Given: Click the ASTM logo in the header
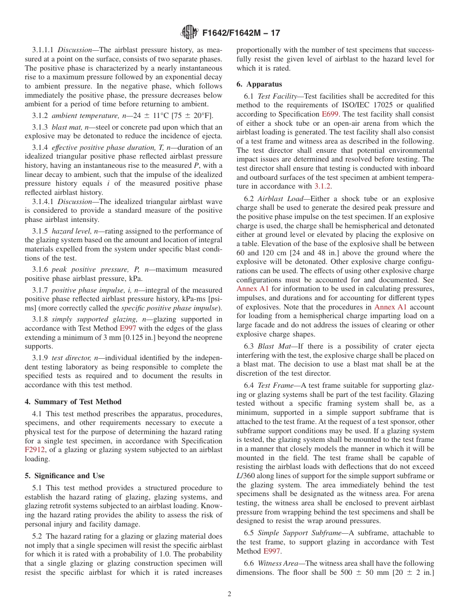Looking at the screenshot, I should pos(189,33).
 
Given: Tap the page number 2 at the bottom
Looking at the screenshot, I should pos(229,594).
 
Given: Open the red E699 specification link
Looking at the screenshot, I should pos(330,115).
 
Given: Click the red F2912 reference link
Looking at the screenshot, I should pos(34,450).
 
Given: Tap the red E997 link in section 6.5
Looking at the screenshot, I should pos(271,551).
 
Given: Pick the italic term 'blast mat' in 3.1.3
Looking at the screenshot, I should pos(68,128).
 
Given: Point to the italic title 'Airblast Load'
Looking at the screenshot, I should pos(278,199).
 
